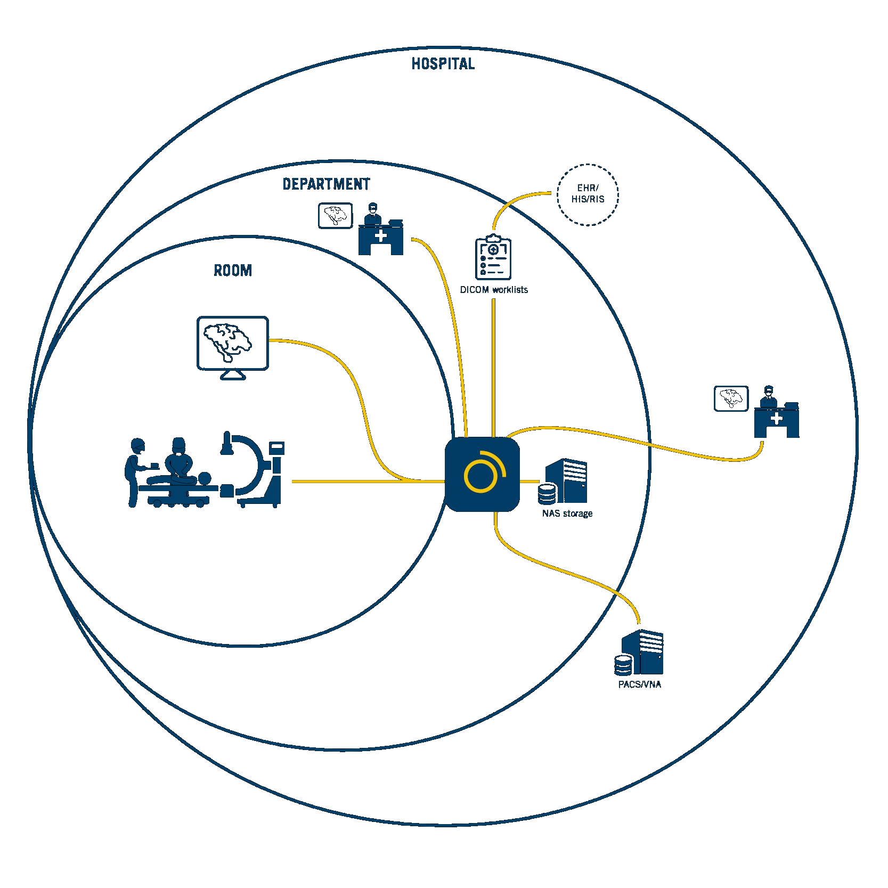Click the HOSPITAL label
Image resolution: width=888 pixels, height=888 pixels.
[443, 64]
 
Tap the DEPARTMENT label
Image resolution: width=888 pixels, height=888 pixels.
[326, 184]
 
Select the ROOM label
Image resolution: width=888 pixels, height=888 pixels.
[233, 271]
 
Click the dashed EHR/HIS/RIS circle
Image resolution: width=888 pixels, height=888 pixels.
[588, 165]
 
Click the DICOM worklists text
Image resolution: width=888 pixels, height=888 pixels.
[494, 290]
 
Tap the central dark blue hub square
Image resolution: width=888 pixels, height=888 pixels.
[482, 474]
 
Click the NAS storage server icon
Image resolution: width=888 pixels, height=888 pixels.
[563, 481]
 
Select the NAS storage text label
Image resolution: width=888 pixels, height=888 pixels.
[567, 514]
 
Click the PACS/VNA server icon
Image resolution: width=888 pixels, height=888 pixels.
[639, 652]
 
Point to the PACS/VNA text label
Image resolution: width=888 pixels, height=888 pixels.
[639, 685]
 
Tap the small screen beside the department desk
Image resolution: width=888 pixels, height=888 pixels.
[336, 216]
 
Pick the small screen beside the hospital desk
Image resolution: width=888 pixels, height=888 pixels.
[731, 398]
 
